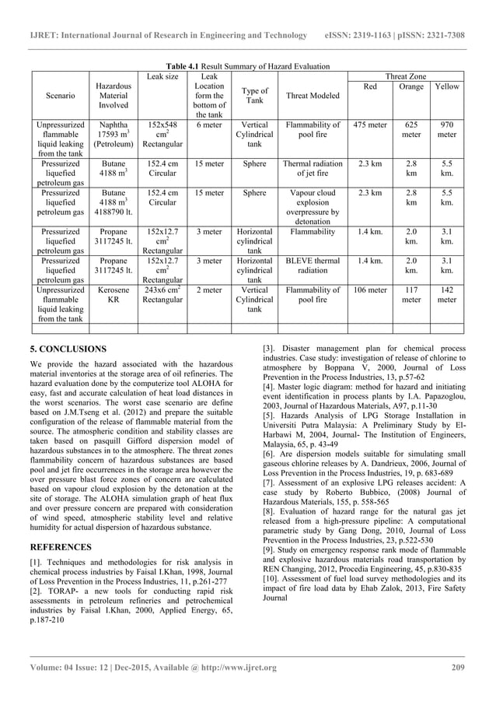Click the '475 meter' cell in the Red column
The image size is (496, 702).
point(370,125)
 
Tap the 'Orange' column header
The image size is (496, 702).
point(410,86)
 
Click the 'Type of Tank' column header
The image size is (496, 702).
point(255,96)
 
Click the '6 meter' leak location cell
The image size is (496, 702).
point(210,125)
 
